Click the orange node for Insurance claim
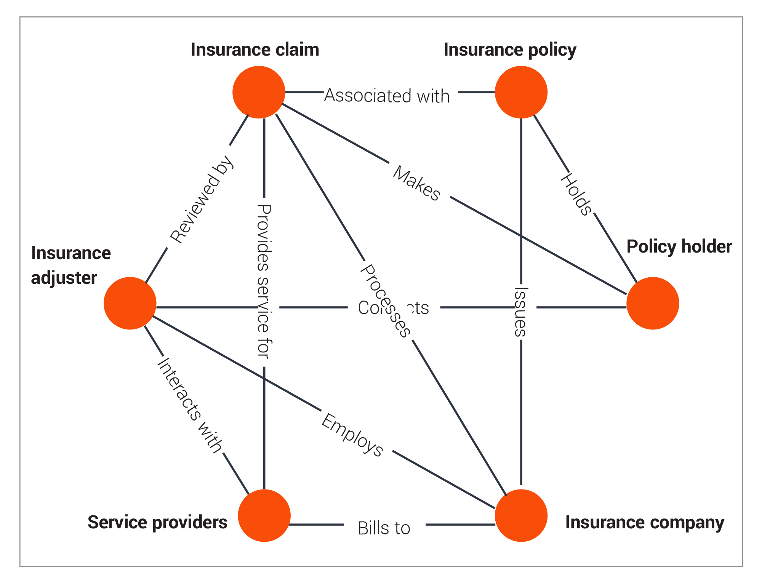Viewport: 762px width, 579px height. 259,92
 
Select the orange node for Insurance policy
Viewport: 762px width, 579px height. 521,92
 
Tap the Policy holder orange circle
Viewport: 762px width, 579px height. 652,303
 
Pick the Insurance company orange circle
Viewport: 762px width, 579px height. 521,515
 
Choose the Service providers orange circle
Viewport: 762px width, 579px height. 264,515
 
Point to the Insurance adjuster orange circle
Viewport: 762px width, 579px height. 130,303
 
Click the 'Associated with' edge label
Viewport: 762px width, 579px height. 387,96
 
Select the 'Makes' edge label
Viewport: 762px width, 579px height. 416,183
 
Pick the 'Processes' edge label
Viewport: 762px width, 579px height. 385,301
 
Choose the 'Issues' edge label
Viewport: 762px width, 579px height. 520,312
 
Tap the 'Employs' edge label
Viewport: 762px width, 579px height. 352,435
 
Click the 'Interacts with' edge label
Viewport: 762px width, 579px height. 189,405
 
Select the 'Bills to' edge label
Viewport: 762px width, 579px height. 384,528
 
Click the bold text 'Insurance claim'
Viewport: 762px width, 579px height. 255,50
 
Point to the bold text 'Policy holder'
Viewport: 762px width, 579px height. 679,246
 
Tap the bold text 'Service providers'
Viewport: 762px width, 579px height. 157,522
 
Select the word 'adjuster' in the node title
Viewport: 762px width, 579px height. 64,278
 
